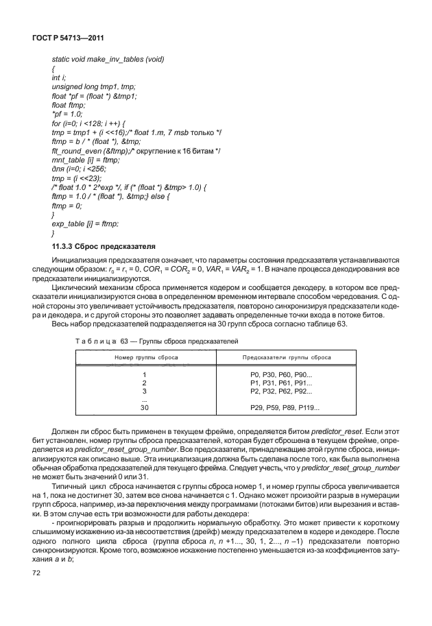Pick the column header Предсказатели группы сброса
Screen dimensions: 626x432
pyautogui.click(x=287, y=357)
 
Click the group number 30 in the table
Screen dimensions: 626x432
pyautogui.click(x=144, y=407)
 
